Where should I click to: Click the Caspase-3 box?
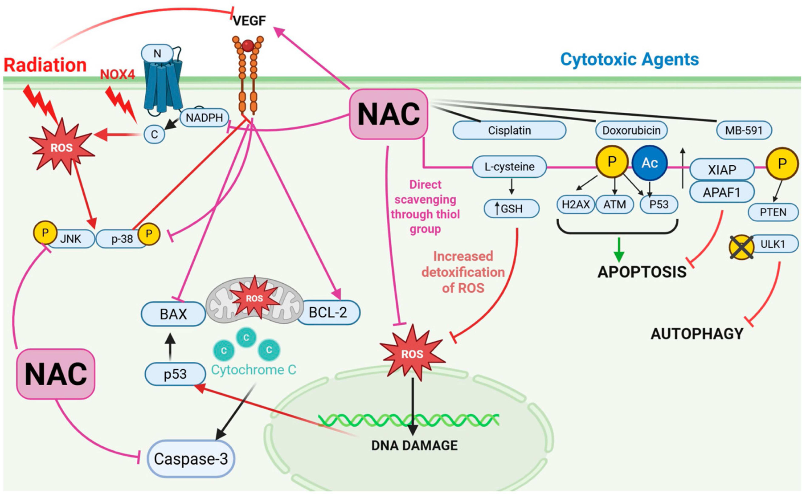click(191, 459)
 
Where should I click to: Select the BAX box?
click(173, 314)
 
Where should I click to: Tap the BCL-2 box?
click(329, 312)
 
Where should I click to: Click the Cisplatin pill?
click(509, 131)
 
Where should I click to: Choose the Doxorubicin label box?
click(631, 131)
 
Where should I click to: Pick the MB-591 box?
click(744, 131)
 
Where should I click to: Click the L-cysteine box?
click(509, 167)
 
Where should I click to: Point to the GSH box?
click(511, 208)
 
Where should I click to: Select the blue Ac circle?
click(650, 163)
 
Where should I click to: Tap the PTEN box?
click(773, 212)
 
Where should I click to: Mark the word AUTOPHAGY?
click(697, 334)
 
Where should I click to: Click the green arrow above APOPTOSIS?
click(618, 249)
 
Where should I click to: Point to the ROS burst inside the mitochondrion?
click(254, 298)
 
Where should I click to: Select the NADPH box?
click(205, 118)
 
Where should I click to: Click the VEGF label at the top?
click(250, 20)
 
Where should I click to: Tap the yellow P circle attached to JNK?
click(45, 233)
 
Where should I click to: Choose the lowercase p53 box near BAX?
click(175, 374)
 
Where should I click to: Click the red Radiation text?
click(45, 65)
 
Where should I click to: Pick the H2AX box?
click(576, 204)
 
